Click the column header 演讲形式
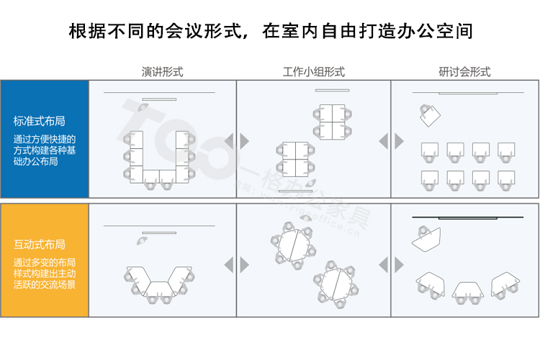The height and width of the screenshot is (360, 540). point(162,72)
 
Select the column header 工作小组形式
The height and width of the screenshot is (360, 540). point(313,72)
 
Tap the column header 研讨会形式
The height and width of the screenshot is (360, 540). point(464,72)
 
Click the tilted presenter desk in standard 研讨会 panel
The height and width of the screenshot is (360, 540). point(431,114)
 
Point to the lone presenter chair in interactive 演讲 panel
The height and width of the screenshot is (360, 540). point(138,241)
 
